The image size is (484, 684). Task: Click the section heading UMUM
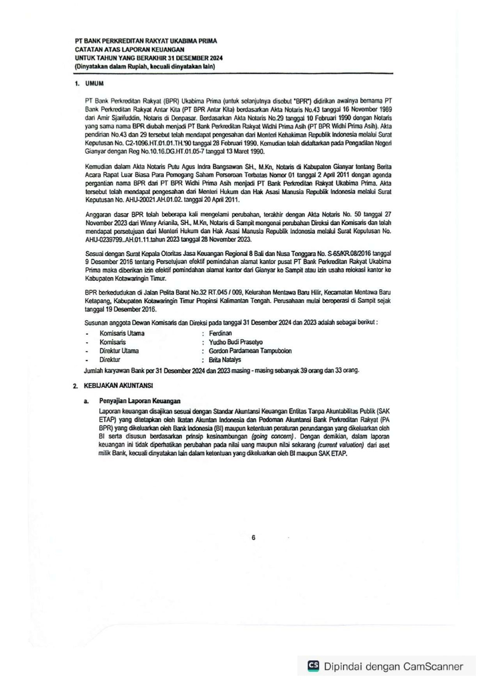tap(94, 84)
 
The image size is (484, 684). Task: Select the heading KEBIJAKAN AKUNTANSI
tap(118, 385)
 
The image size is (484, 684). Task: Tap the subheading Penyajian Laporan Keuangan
tap(140, 401)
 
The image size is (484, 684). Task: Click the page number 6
tap(253, 537)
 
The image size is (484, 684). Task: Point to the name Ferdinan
tap(220, 333)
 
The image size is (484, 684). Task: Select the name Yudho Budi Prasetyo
tap(236, 342)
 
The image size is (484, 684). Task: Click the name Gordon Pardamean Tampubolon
tap(250, 351)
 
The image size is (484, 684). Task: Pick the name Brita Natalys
tap(225, 360)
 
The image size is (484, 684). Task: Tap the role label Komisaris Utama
tap(122, 333)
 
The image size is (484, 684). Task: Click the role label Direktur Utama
tap(119, 351)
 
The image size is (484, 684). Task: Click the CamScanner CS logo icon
tap(313, 666)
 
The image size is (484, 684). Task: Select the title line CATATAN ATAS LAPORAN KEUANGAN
tap(130, 49)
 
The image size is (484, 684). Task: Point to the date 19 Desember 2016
tap(130, 309)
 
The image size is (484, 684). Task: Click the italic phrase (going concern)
tap(273, 437)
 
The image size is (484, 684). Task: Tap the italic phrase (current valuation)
tap(341, 445)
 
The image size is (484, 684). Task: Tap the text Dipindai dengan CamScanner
tap(393, 666)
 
